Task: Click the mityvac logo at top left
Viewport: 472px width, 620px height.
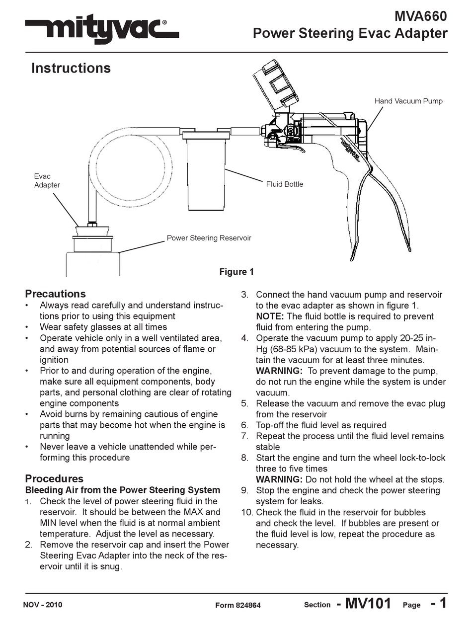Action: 102,31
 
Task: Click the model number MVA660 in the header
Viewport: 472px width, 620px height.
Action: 420,16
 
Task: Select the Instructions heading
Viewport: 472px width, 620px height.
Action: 71,68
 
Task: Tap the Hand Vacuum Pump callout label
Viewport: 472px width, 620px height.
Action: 408,101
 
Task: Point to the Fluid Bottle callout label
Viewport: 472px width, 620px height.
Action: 284,184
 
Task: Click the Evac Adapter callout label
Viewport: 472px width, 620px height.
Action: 47,181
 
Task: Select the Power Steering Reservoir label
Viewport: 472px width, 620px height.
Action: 209,238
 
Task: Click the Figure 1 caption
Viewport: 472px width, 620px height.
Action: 236,272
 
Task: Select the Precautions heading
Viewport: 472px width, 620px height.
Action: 55,294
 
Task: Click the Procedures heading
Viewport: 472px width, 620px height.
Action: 54,479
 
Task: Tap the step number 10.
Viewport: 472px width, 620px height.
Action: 247,512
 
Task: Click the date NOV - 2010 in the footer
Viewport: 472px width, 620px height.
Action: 43,605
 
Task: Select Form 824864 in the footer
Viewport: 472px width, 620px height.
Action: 237,605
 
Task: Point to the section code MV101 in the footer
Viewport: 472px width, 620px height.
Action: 368,604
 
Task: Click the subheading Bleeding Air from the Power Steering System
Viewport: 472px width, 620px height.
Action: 122,490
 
